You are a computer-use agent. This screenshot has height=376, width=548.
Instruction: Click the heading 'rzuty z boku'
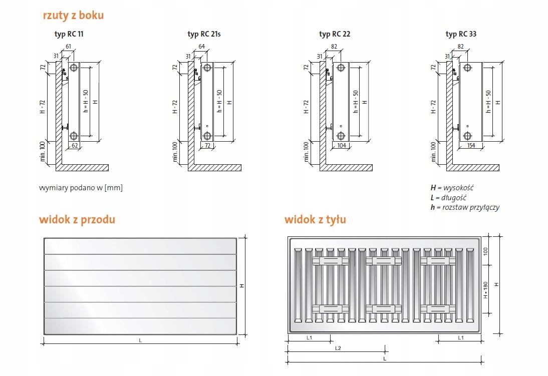click(74, 16)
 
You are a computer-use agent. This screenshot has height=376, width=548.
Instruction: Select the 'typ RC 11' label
click(69, 34)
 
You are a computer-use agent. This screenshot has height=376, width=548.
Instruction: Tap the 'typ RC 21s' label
click(204, 34)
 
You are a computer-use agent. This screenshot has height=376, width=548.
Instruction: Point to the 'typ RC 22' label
click(335, 34)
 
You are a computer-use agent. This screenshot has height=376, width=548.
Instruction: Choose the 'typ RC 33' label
click(461, 34)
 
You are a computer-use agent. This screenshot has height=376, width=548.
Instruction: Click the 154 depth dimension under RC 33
click(471, 145)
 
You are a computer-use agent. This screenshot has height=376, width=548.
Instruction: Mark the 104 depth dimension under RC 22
click(342, 145)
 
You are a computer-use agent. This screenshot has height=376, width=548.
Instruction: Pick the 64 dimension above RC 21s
click(202, 47)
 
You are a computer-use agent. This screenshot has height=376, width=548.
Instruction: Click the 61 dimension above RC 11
click(68, 47)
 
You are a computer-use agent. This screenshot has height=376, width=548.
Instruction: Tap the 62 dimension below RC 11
click(75, 145)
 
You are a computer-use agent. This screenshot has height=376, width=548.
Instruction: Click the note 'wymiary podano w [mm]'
click(81, 188)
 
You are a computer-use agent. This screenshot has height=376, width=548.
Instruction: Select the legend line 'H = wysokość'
click(452, 188)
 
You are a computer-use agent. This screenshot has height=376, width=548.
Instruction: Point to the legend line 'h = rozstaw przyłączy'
click(465, 207)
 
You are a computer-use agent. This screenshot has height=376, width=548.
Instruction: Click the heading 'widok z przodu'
click(77, 219)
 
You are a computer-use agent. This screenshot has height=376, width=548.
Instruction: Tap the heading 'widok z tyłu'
click(315, 219)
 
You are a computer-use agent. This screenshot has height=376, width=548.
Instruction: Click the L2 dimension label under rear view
click(338, 348)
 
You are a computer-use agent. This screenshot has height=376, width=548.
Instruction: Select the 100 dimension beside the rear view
click(485, 251)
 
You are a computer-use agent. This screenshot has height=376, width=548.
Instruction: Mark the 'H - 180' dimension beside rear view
click(485, 290)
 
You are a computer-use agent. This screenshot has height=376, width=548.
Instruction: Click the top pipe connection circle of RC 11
click(74, 68)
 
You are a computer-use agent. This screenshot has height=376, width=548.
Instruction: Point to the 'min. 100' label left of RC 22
click(307, 152)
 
